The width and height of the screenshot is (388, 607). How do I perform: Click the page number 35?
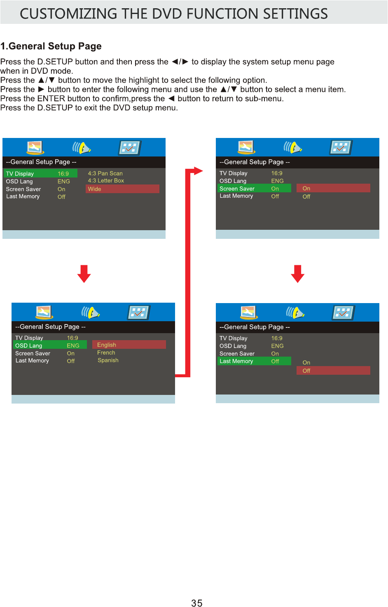(x=196, y=603)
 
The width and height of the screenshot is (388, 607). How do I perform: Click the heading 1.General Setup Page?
(x=51, y=46)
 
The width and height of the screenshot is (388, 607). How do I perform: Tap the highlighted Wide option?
(x=122, y=189)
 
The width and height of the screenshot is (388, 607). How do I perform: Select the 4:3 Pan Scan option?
(x=105, y=173)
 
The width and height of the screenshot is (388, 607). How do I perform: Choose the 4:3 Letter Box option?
(x=106, y=181)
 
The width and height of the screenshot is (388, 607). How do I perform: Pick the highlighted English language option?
(x=129, y=345)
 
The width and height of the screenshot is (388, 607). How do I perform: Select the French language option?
(x=106, y=353)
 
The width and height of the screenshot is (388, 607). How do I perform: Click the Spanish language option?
(x=108, y=360)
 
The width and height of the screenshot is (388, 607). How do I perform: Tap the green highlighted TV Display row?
(x=40, y=174)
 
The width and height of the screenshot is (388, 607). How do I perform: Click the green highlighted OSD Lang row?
(x=49, y=346)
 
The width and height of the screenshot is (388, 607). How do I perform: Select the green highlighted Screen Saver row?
(x=254, y=189)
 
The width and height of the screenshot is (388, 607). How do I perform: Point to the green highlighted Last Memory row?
(x=254, y=361)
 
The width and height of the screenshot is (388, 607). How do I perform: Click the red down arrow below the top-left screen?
(x=84, y=274)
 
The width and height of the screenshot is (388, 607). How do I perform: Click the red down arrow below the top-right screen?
(x=297, y=274)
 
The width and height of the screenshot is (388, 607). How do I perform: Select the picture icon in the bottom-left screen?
(x=44, y=312)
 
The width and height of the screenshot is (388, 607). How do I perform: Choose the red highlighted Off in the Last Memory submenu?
(x=333, y=371)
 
